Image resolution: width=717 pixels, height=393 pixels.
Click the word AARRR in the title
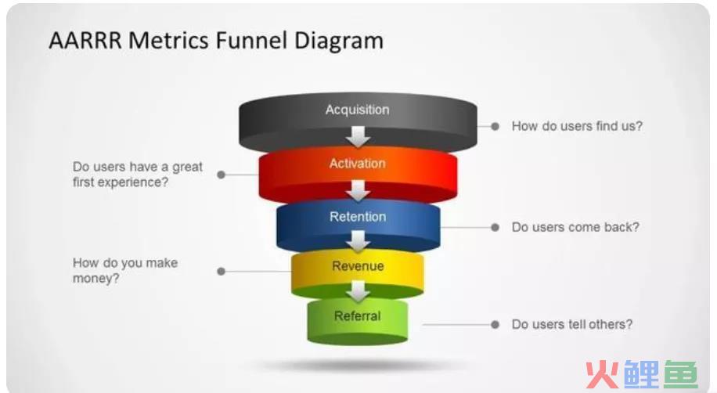(85, 40)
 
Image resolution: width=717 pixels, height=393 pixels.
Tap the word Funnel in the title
(252, 40)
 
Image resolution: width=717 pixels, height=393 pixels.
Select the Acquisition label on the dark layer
(358, 110)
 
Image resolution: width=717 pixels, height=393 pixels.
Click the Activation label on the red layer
(358, 164)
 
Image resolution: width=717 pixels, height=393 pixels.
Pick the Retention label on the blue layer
(358, 216)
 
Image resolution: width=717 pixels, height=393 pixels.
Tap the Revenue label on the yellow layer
(358, 266)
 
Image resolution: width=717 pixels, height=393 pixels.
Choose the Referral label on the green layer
(358, 315)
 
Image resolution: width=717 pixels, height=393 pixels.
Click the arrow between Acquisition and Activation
(358, 137)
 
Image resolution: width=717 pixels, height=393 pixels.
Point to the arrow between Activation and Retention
(358, 190)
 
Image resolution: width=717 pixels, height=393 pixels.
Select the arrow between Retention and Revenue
(358, 241)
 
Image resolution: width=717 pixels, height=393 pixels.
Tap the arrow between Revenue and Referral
(358, 291)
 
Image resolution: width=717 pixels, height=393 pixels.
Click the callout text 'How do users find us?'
(577, 126)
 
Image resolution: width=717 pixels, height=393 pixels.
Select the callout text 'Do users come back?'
(575, 227)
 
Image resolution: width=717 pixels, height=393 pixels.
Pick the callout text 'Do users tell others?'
(572, 324)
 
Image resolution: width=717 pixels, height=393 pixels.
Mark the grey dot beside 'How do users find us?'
(495, 126)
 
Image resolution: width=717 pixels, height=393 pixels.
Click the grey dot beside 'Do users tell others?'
(495, 324)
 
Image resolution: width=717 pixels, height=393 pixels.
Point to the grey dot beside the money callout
(222, 272)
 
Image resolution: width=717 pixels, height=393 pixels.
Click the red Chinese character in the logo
(602, 374)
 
